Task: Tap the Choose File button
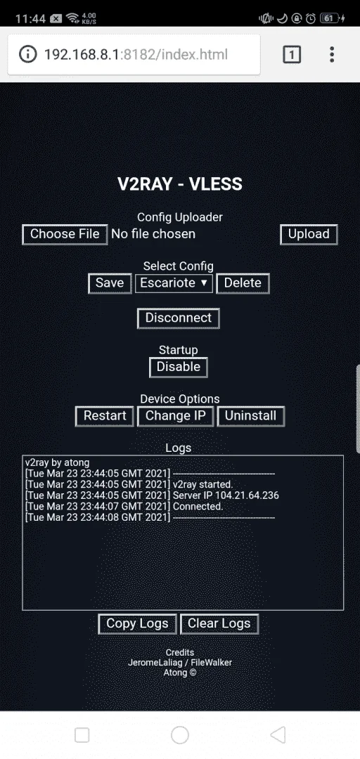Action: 65,234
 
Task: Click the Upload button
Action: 309,234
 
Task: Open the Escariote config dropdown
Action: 174,283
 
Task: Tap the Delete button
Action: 243,283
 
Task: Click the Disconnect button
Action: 179,318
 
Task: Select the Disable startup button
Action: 179,367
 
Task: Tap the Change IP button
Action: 175,416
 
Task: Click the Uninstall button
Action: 250,416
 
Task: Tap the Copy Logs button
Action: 137,623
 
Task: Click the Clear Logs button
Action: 219,623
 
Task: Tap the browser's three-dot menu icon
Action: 332,55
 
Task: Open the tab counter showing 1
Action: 292,55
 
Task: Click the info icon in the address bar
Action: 27,54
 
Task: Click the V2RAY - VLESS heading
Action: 180,184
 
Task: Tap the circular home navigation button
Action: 180,735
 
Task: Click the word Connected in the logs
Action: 198,506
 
